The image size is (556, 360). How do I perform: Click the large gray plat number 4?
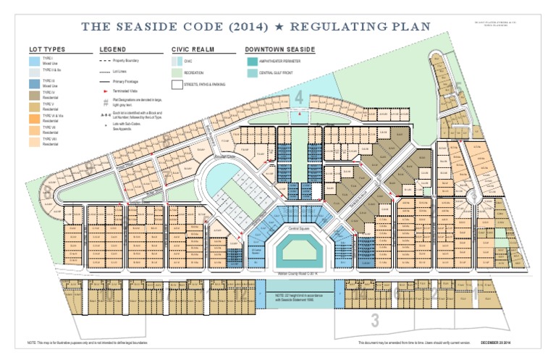[x=299, y=98]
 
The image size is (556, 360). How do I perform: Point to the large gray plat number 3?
[x=374, y=319]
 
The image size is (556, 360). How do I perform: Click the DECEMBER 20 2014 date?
[x=517, y=342]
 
